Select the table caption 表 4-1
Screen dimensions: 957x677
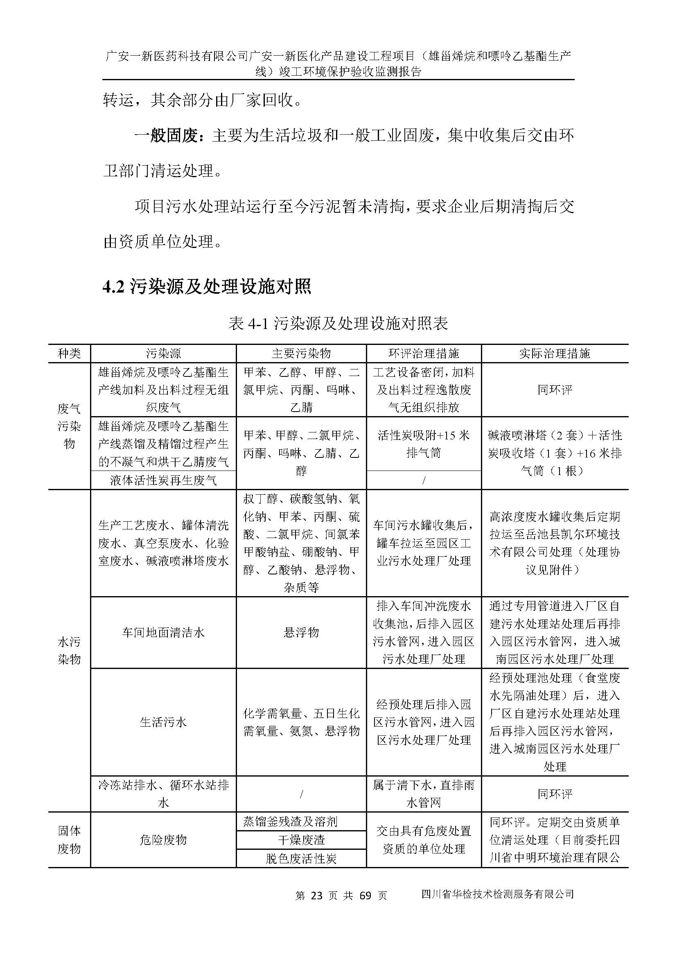338,324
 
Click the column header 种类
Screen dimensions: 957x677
69,354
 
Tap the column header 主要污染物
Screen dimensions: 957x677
301,354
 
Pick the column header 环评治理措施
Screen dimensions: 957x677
424,354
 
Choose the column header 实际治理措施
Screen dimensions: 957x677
555,354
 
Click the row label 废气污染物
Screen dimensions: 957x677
69,426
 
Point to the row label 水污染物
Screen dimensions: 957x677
69,650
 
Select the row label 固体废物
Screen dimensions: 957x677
69,840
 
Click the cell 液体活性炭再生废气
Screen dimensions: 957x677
163,481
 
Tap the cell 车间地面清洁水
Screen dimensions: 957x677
163,633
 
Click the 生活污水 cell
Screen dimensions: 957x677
163,722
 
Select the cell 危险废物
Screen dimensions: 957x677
163,840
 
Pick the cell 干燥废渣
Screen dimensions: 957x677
301,840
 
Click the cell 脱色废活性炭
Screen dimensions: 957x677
301,858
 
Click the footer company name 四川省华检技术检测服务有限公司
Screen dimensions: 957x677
498,894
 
